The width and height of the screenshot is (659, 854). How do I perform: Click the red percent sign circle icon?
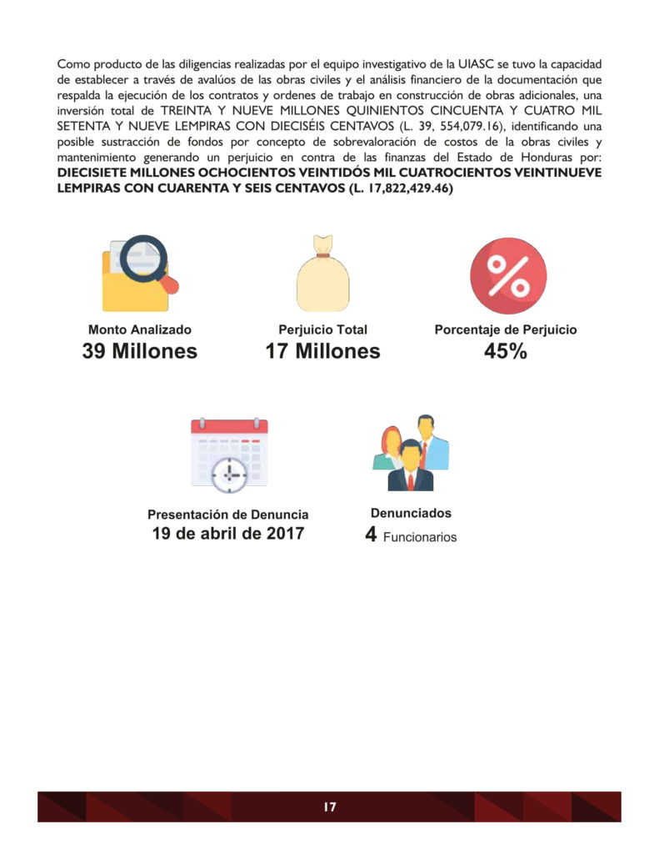507,275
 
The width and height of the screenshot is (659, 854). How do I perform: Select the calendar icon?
229,454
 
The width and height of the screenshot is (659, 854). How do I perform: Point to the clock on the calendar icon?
228,474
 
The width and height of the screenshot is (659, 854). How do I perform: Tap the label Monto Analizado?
139,329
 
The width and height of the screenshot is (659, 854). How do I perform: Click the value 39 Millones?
139,351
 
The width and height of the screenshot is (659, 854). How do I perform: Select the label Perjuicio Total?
322,329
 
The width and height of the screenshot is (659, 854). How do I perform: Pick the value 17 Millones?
322,351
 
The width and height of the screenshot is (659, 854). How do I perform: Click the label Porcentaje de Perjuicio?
506,329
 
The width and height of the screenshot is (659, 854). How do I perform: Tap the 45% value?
506,351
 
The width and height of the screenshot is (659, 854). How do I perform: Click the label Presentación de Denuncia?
227,515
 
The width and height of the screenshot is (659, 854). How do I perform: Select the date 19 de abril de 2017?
227,534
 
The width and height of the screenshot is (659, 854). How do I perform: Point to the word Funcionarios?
420,538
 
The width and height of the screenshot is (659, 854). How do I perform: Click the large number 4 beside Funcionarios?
371,535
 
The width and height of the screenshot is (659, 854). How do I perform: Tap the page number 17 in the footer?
329,806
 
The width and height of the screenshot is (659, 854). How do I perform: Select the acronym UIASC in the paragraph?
477,63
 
